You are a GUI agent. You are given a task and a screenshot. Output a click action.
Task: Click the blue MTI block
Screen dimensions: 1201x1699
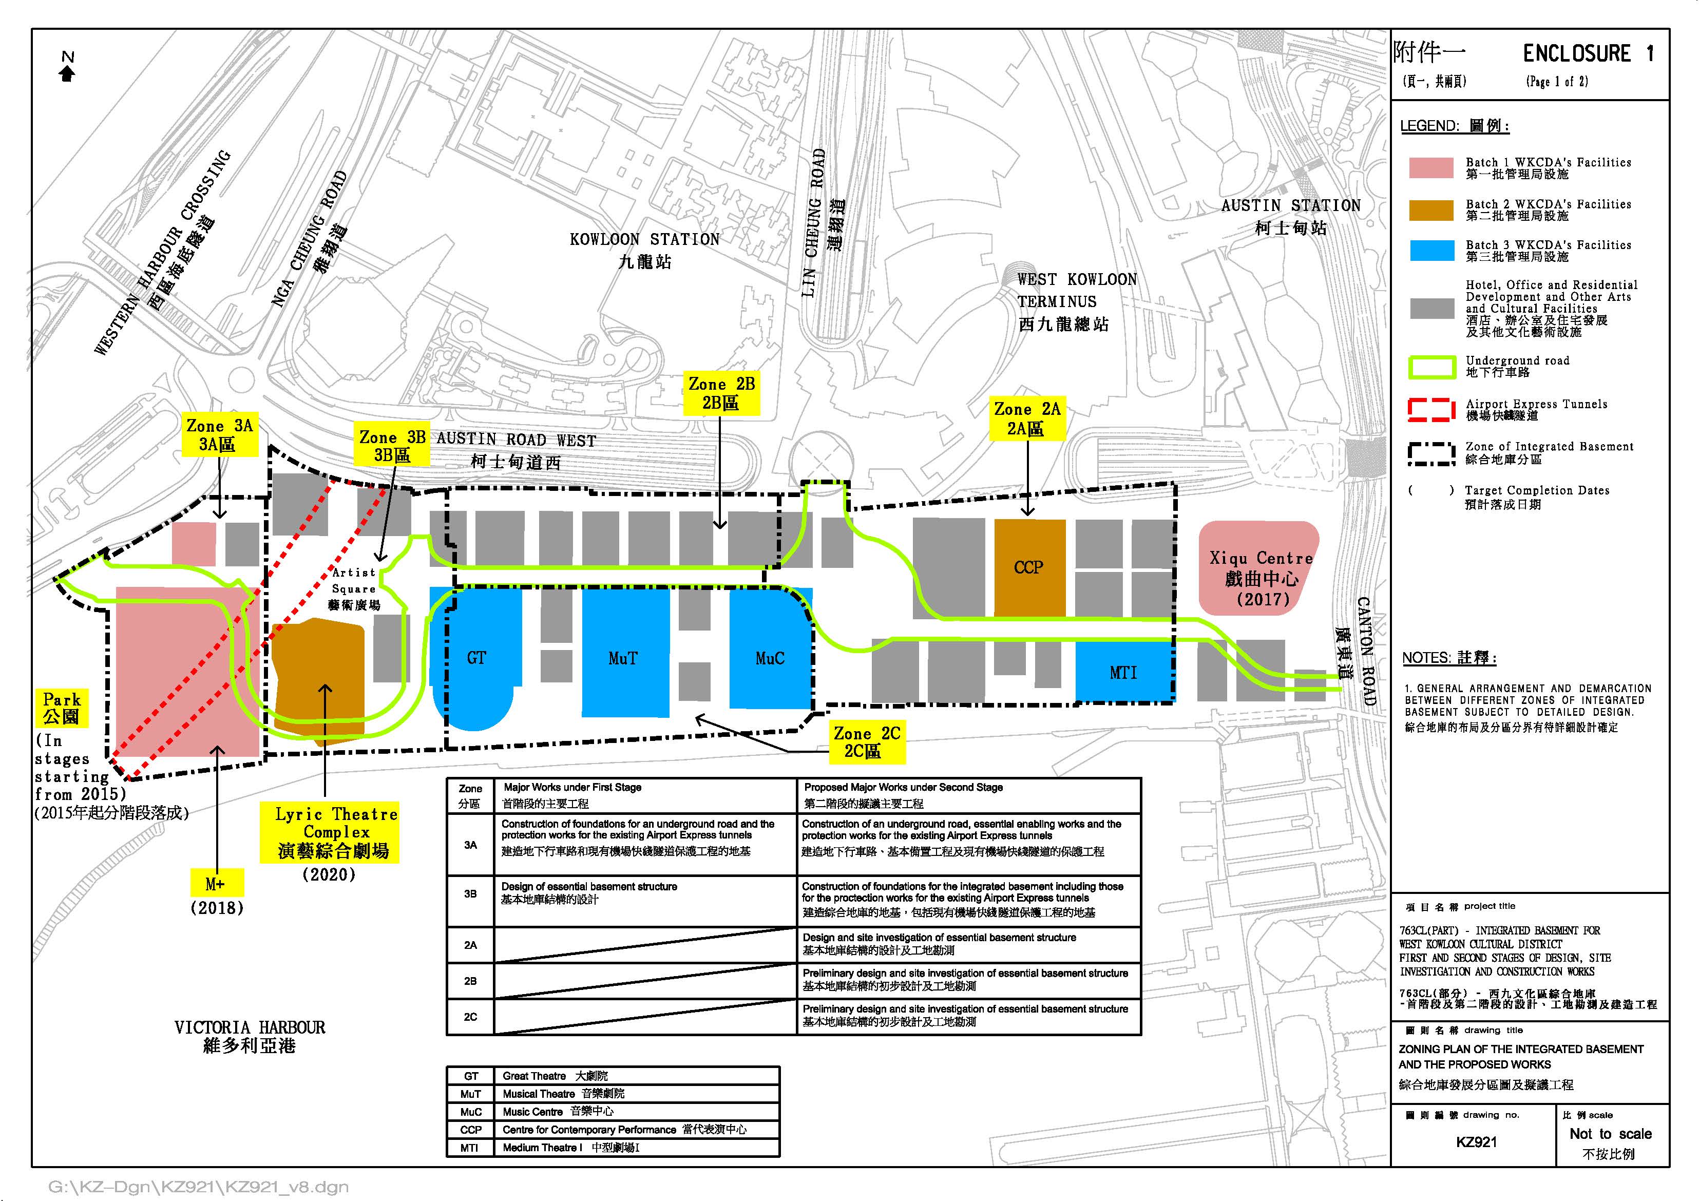(x=1122, y=672)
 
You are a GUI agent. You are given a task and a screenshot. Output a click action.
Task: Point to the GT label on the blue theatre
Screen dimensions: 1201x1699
(x=476, y=658)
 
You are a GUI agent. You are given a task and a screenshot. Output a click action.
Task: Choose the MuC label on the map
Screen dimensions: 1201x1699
(x=770, y=658)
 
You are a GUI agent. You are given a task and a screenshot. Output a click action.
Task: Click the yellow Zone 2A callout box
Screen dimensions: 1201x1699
(x=1027, y=419)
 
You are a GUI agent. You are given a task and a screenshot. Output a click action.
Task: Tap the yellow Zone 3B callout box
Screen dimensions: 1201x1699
(x=392, y=446)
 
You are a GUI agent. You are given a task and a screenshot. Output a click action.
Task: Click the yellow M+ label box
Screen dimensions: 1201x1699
(x=215, y=884)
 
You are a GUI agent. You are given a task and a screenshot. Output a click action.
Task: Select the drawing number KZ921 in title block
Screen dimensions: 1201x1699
(x=1476, y=1142)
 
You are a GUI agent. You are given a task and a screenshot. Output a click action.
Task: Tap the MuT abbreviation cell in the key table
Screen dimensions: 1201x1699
(x=471, y=1094)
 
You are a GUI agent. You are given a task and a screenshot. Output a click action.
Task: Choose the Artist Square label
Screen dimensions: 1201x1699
(x=354, y=588)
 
